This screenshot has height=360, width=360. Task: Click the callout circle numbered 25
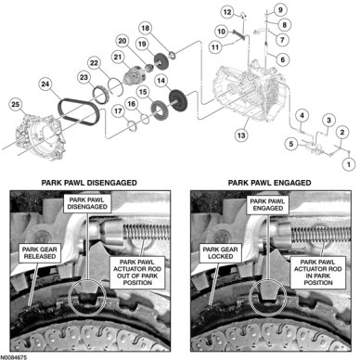pyautogui.click(x=16, y=104)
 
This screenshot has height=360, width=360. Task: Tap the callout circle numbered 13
pyautogui.click(x=241, y=135)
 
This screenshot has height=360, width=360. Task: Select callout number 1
pyautogui.click(x=349, y=164)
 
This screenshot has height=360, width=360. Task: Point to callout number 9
pyautogui.click(x=280, y=10)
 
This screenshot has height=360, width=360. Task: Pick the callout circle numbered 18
pyautogui.click(x=145, y=29)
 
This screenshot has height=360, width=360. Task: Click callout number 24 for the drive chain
pyautogui.click(x=45, y=84)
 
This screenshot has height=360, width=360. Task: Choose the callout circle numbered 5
pyautogui.click(x=291, y=144)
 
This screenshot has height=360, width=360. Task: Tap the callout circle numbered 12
pyautogui.click(x=227, y=12)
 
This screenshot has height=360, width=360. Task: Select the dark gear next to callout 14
pyautogui.click(x=178, y=99)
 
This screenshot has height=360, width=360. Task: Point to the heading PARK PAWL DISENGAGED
pyautogui.click(x=89, y=183)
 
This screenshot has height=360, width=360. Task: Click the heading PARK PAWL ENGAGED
pyautogui.click(x=269, y=183)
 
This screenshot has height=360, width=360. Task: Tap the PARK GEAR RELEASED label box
pyautogui.click(x=40, y=252)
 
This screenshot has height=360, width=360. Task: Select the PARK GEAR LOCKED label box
pyautogui.click(x=220, y=252)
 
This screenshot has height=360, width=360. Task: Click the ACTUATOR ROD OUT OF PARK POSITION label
pyautogui.click(x=137, y=272)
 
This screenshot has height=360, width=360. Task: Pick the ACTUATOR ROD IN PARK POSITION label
pyautogui.click(x=318, y=272)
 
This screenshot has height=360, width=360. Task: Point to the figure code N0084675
pyautogui.click(x=14, y=357)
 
